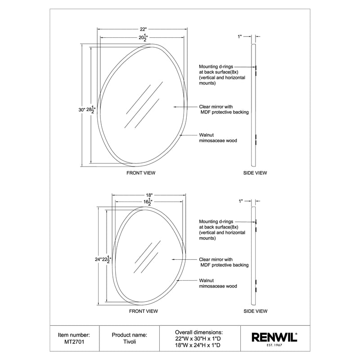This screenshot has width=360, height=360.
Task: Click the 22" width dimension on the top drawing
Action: coord(143,29)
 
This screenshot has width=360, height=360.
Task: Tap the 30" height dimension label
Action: coord(81,109)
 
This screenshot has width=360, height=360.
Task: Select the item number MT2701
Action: coord(74,343)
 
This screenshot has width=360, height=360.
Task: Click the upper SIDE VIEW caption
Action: coord(255,173)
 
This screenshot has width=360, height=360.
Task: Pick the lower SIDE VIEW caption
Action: coord(255,311)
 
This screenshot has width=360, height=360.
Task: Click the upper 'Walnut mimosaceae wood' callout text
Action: coord(218,138)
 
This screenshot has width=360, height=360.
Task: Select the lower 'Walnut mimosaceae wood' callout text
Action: coord(218,283)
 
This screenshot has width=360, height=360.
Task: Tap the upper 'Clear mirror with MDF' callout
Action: coord(224,109)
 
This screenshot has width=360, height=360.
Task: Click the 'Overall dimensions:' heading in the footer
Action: coord(199,331)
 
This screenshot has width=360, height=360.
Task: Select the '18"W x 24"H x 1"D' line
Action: coord(199,346)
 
